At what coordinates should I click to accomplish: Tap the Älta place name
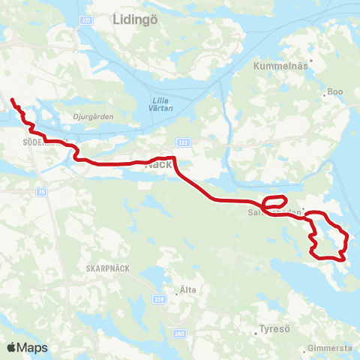point(188,289)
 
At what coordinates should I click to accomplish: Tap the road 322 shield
point(183,142)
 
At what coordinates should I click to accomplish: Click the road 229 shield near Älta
point(159,298)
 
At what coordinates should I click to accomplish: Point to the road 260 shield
point(178,334)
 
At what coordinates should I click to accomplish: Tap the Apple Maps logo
point(26,347)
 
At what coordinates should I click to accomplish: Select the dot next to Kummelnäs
point(310,75)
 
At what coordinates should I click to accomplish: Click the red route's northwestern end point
point(12,98)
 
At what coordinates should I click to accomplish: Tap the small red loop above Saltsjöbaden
point(274,201)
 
